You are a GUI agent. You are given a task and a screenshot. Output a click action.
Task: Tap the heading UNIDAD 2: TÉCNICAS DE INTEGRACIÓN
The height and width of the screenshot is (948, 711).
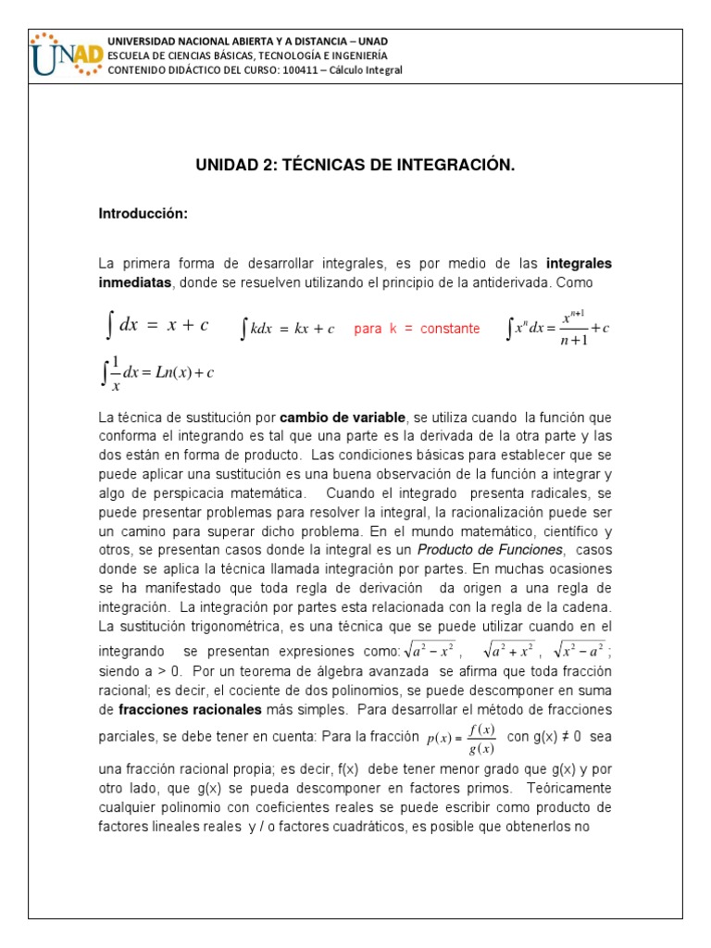tap(355, 166)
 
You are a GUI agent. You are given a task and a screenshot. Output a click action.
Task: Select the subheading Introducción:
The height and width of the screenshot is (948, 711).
tap(143, 214)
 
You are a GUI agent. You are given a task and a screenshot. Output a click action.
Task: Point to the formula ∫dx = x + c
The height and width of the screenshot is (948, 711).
tap(156, 326)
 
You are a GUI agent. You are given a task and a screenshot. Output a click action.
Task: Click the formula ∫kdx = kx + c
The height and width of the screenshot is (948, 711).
tap(287, 329)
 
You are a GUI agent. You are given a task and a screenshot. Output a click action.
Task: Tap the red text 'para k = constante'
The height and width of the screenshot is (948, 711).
tap(417, 329)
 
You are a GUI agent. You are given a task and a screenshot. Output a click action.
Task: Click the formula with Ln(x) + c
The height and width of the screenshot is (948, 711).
tap(157, 373)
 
